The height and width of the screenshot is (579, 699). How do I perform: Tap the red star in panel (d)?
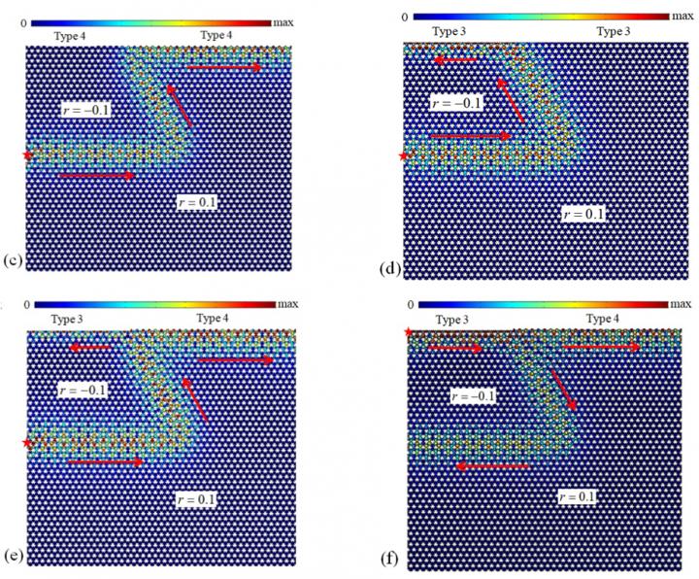click(x=403, y=154)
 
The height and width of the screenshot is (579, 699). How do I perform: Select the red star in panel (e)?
click(x=27, y=443)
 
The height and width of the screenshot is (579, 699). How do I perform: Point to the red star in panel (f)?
click(x=409, y=334)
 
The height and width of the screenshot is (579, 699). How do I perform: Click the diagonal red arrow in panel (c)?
click(x=180, y=105)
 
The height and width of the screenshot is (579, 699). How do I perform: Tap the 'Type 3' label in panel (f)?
click(x=450, y=320)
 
